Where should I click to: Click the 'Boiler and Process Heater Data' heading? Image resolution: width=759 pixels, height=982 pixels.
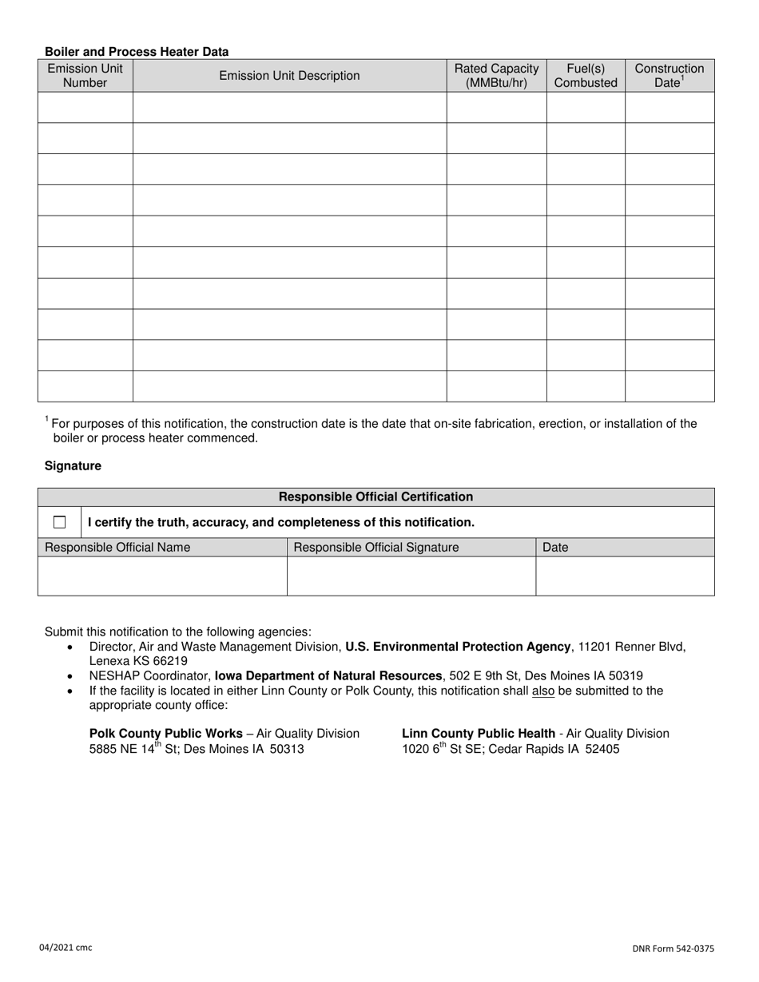pyautogui.click(x=137, y=52)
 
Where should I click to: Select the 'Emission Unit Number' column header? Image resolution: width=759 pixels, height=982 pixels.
pyautogui.click(x=85, y=75)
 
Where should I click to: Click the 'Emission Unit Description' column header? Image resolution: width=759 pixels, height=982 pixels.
pyautogui.click(x=289, y=76)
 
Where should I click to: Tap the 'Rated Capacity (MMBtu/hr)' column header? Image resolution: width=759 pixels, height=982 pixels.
pyautogui.click(x=496, y=75)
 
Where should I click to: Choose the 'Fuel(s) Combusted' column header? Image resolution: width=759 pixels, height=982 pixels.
pyautogui.click(x=586, y=75)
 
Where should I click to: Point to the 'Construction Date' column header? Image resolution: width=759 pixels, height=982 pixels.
pyautogui.click(x=670, y=75)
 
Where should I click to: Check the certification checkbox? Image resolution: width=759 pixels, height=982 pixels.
pyautogui.click(x=60, y=522)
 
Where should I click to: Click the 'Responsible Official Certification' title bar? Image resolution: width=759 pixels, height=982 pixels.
pyautogui.click(x=376, y=497)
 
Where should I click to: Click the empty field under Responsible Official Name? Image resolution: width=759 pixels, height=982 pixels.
pyautogui.click(x=162, y=576)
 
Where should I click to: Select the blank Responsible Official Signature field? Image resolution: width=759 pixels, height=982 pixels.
pyautogui.click(x=411, y=576)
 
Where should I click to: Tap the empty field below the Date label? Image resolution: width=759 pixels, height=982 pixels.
pyautogui.click(x=625, y=576)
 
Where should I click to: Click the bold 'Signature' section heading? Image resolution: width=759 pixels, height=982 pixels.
pyautogui.click(x=73, y=465)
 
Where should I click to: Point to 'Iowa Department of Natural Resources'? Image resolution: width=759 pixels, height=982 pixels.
pyautogui.click(x=328, y=675)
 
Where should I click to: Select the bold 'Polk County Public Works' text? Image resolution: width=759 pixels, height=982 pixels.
pyautogui.click(x=166, y=733)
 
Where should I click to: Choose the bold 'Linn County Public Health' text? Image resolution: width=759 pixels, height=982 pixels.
pyautogui.click(x=479, y=733)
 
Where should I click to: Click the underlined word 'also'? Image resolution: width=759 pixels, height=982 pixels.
pyautogui.click(x=543, y=691)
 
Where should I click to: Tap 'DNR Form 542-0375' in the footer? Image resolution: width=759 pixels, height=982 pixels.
pyautogui.click(x=672, y=948)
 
